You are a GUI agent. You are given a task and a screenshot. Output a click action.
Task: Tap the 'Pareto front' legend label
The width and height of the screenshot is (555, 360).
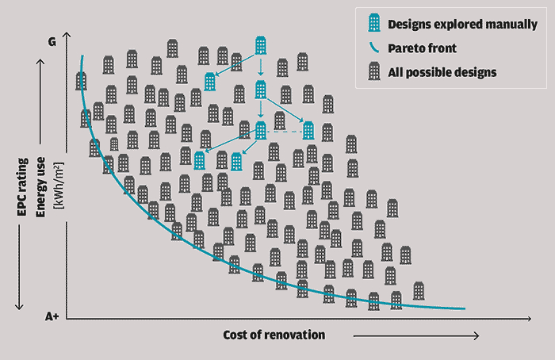coord(422,48)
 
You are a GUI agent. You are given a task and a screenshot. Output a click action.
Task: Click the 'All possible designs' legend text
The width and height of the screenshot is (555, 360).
coord(442,72)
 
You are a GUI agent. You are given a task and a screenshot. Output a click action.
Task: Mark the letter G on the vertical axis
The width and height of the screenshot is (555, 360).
coord(52,40)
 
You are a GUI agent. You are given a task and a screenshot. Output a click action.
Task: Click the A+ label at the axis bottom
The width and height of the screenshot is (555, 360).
coord(52,316)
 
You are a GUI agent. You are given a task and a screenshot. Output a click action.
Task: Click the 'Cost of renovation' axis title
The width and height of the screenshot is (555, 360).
coord(274,335)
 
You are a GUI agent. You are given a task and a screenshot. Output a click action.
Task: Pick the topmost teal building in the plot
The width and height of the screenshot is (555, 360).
coord(261,46)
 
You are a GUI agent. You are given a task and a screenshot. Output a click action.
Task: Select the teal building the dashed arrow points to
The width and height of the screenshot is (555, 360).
coord(308,132)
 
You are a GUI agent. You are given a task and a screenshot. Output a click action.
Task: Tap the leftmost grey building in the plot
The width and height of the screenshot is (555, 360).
coord(81,80)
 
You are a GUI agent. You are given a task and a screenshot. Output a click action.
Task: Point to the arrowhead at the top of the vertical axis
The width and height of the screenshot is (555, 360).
coord(70,35)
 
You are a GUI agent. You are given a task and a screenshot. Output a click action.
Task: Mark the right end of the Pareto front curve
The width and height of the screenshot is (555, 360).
coord(464,308)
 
